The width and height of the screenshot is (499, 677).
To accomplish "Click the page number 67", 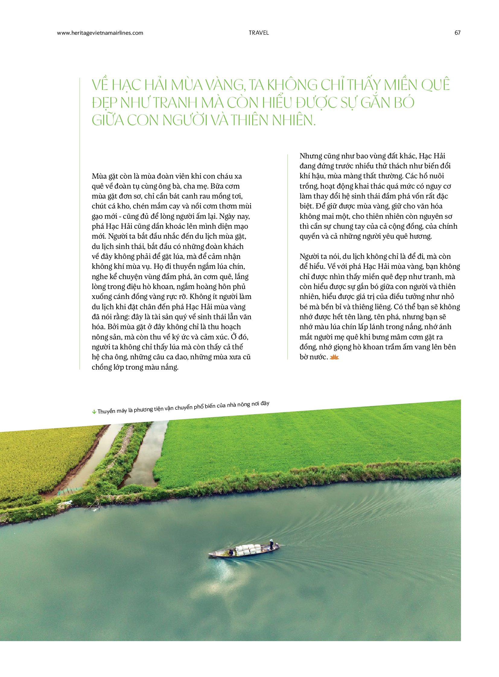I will tap(457, 33).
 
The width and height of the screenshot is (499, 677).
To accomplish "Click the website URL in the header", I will tap(100, 33).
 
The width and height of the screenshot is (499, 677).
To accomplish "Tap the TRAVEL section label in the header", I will tap(259, 33).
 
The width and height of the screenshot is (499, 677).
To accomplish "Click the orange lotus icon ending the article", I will tap(335, 358).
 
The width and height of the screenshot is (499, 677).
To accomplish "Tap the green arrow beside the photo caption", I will tap(94, 412).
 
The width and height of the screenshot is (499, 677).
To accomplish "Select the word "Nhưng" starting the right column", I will tap(310, 156).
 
